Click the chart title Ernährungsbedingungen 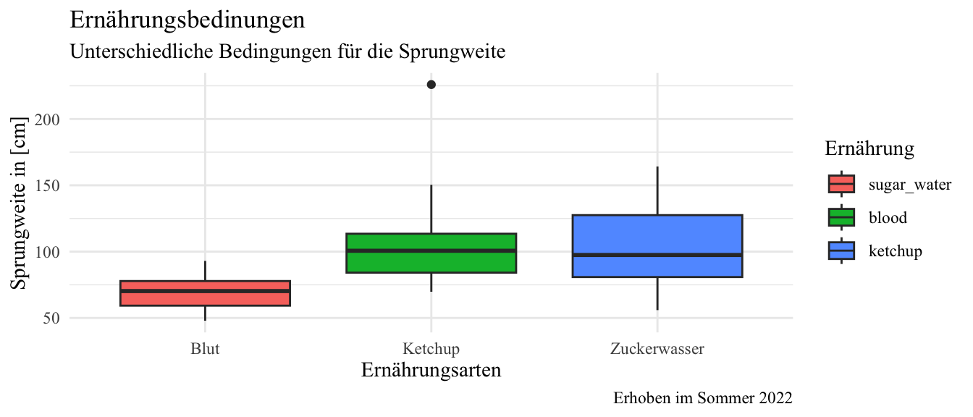pyautogui.click(x=187, y=20)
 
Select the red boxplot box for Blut pyautogui.click(x=206, y=293)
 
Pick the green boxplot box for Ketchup pyautogui.click(x=431, y=253)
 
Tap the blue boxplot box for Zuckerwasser pyautogui.click(x=657, y=245)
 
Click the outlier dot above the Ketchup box pyautogui.click(x=431, y=85)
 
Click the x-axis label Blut pyautogui.click(x=206, y=349)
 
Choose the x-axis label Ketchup pyautogui.click(x=431, y=349)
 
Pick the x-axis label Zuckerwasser pyautogui.click(x=657, y=349)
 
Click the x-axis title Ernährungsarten pyautogui.click(x=431, y=371)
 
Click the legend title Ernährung pyautogui.click(x=869, y=149)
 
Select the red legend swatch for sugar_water pyautogui.click(x=841, y=184)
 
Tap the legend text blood pyautogui.click(x=888, y=217)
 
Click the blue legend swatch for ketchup pyautogui.click(x=841, y=250)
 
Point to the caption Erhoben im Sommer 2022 pyautogui.click(x=702, y=398)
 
